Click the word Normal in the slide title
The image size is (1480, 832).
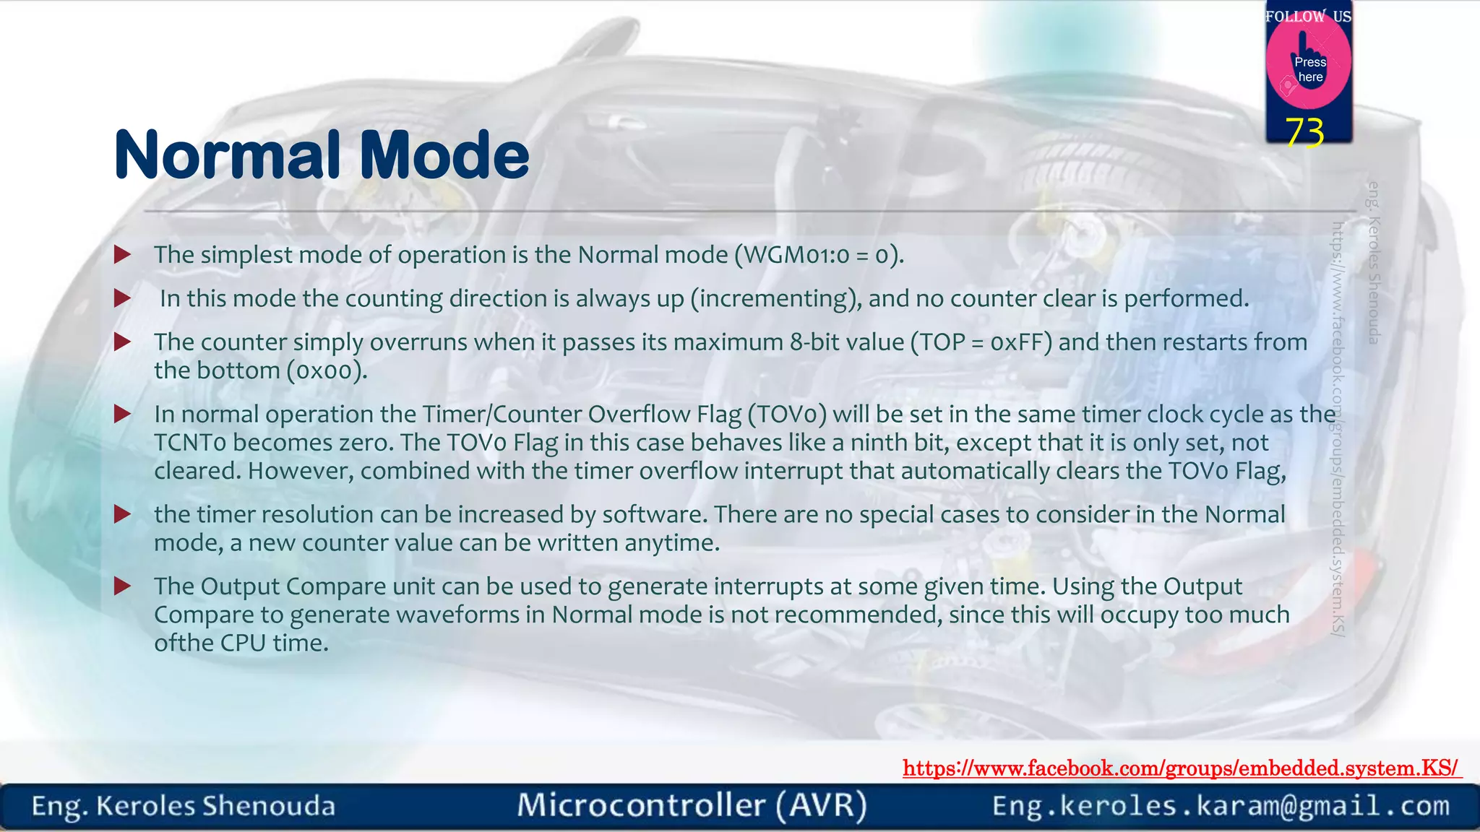(227, 155)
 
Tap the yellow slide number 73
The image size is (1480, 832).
(1305, 132)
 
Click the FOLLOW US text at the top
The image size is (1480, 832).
(1308, 16)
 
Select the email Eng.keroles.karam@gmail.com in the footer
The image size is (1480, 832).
(1221, 806)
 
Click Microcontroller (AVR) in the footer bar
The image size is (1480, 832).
(692, 806)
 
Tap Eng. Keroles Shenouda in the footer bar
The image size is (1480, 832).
(184, 806)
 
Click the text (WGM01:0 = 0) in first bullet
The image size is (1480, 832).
(819, 255)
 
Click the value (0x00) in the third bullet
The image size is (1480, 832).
(327, 370)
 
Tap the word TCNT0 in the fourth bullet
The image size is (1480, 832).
(190, 443)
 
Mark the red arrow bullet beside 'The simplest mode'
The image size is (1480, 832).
(123, 254)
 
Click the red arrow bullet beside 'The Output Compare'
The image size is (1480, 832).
(123, 586)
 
